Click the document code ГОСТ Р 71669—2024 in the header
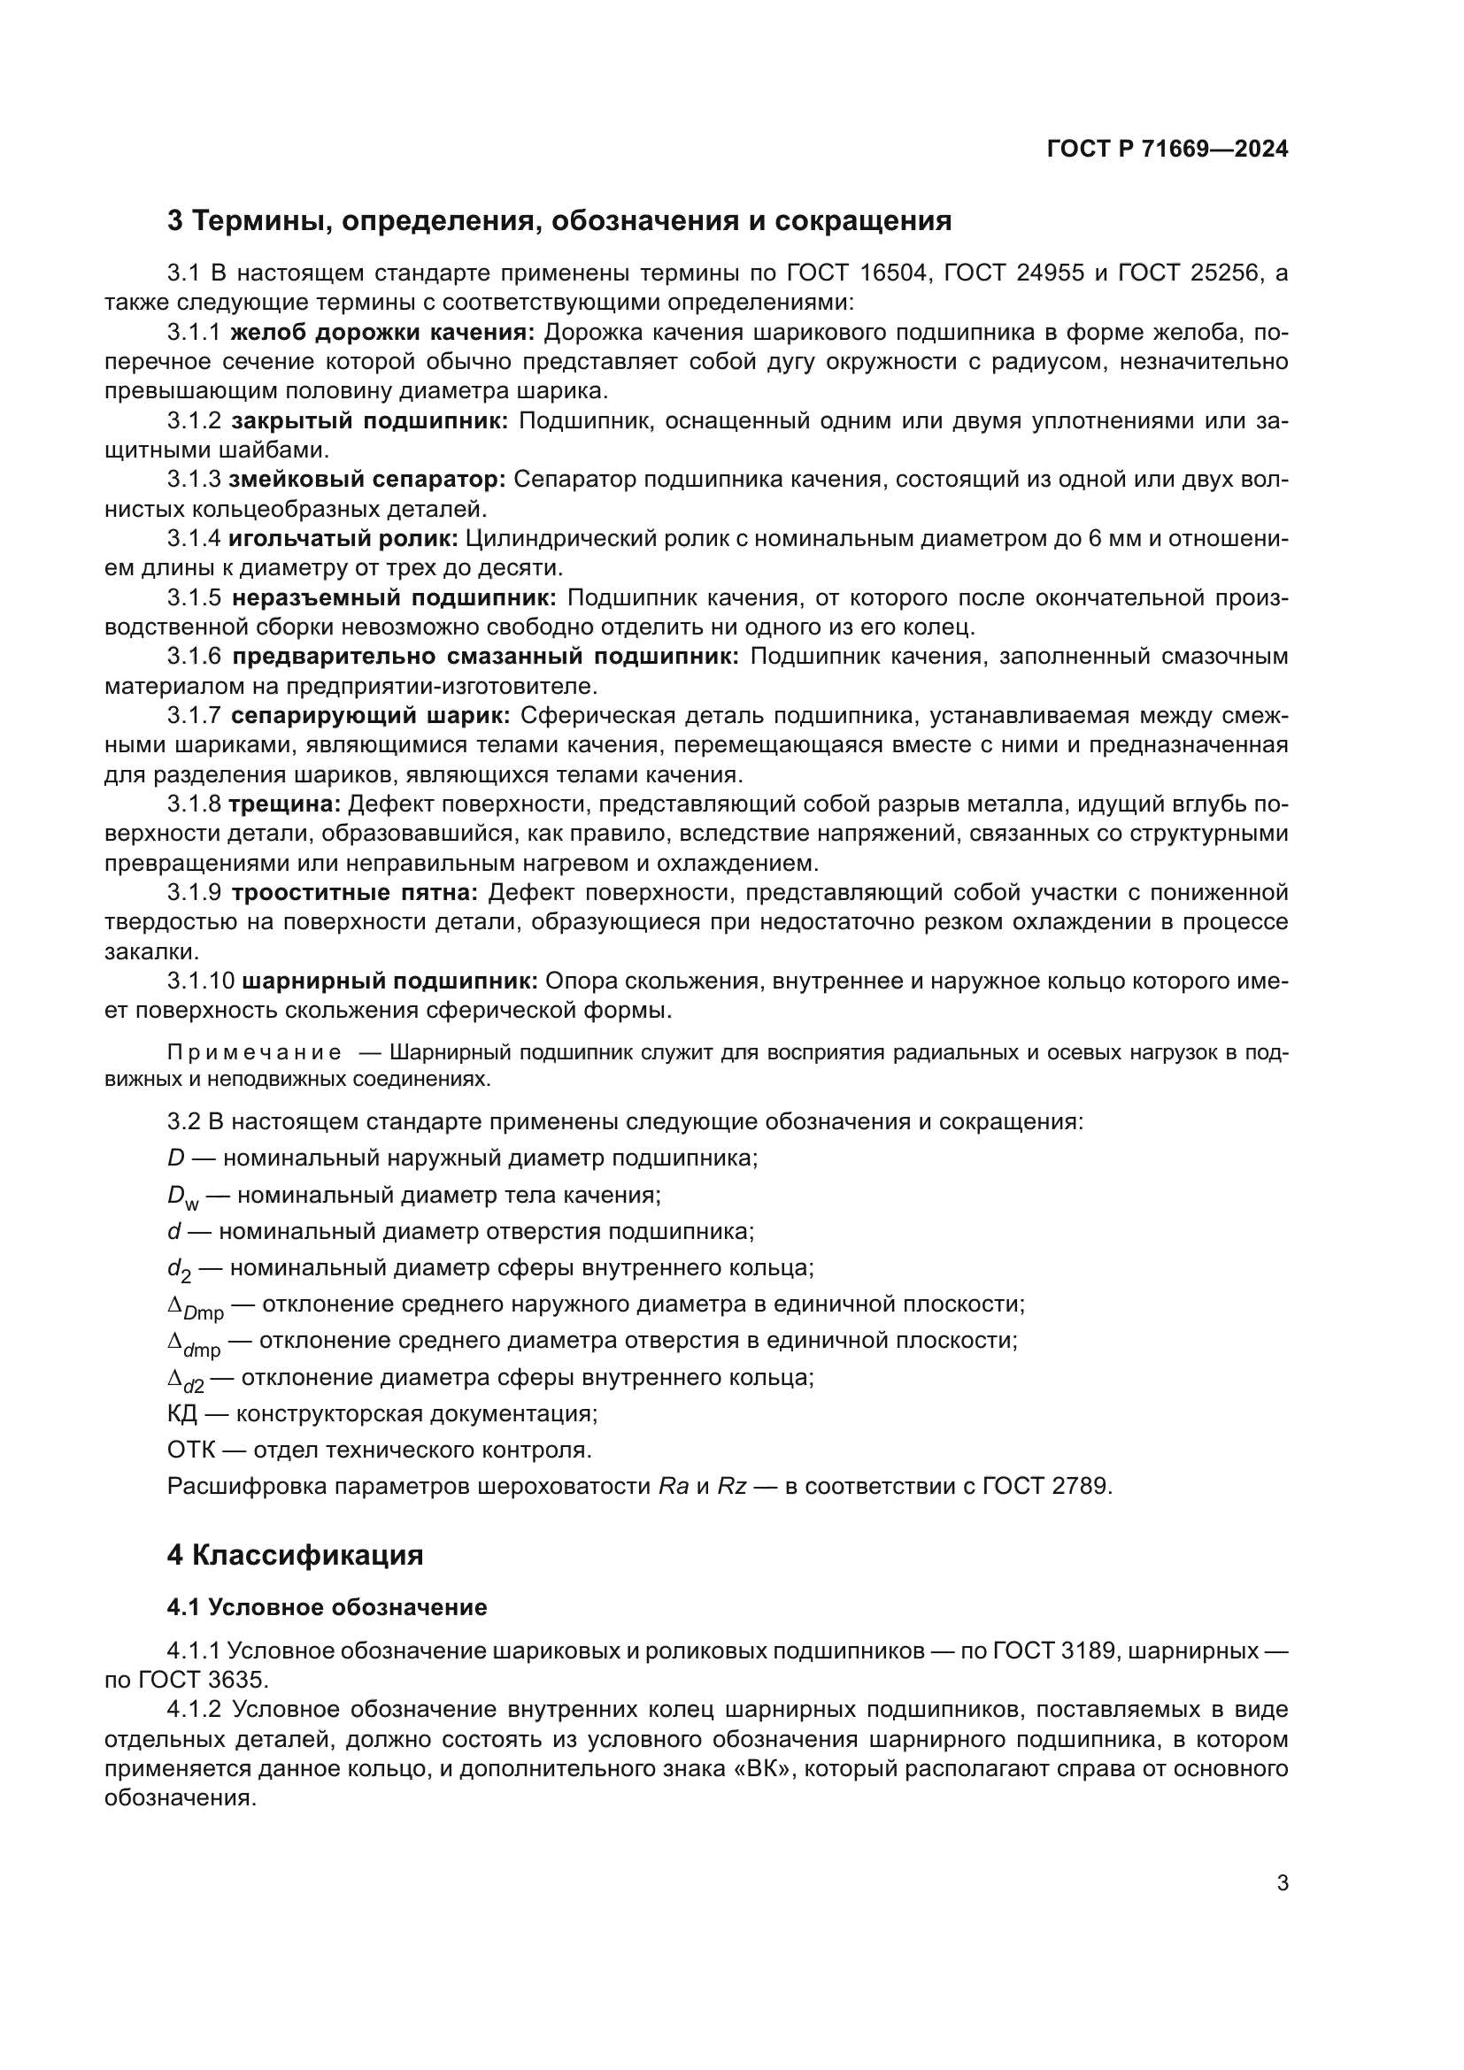click(1167, 149)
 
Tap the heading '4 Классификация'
click(295, 1555)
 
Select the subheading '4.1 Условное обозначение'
click(327, 1607)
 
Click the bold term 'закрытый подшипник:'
click(370, 420)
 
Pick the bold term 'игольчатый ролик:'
click(343, 538)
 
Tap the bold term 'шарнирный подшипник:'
click(390, 981)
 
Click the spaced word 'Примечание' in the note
click(254, 1053)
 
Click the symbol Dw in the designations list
click(181, 1197)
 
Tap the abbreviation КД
click(182, 1413)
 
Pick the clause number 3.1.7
click(194, 716)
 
